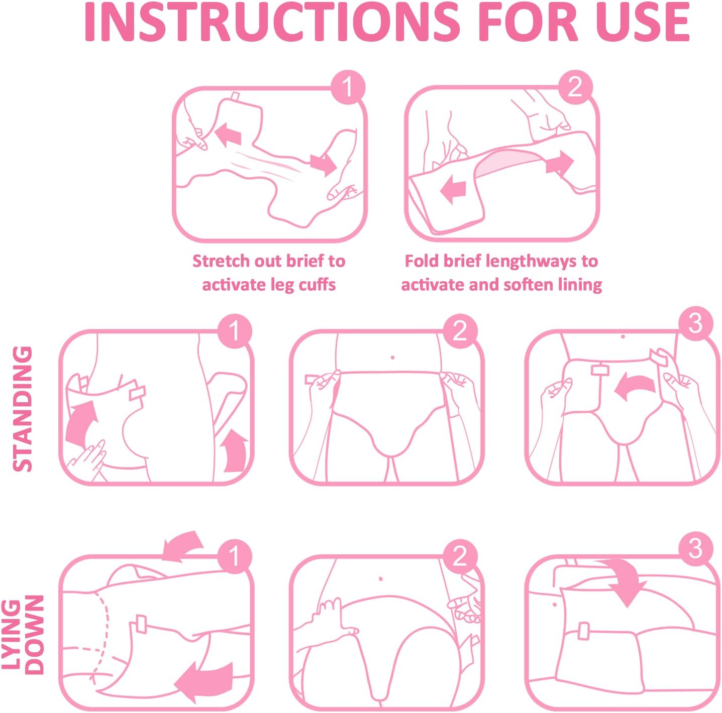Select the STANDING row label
pyautogui.click(x=23, y=409)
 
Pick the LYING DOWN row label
pyautogui.click(x=23, y=632)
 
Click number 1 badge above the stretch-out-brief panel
pyautogui.click(x=348, y=87)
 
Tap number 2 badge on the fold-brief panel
pyautogui.click(x=575, y=87)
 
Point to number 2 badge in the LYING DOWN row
pyautogui.click(x=460, y=556)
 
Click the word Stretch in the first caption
pyautogui.click(x=221, y=261)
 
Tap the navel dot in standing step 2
pyautogui.click(x=392, y=358)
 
